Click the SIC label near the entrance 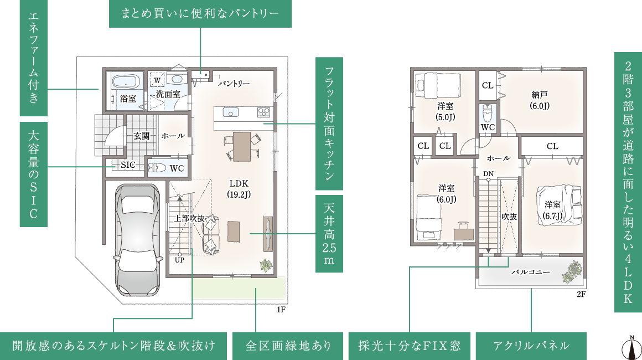pyautogui.click(x=128, y=165)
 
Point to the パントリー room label pyautogui.click(x=233, y=84)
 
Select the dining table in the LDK pyautogui.click(x=241, y=145)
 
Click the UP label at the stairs pyautogui.click(x=179, y=259)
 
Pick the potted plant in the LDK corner pyautogui.click(x=266, y=265)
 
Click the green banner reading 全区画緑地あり pyautogui.click(x=288, y=346)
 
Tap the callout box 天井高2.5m pyautogui.click(x=329, y=234)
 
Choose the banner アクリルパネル pyautogui.click(x=531, y=346)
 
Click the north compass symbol pyautogui.click(x=629, y=346)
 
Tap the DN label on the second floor pyautogui.click(x=488, y=174)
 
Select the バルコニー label pyautogui.click(x=530, y=272)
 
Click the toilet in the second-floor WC pyautogui.click(x=488, y=114)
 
